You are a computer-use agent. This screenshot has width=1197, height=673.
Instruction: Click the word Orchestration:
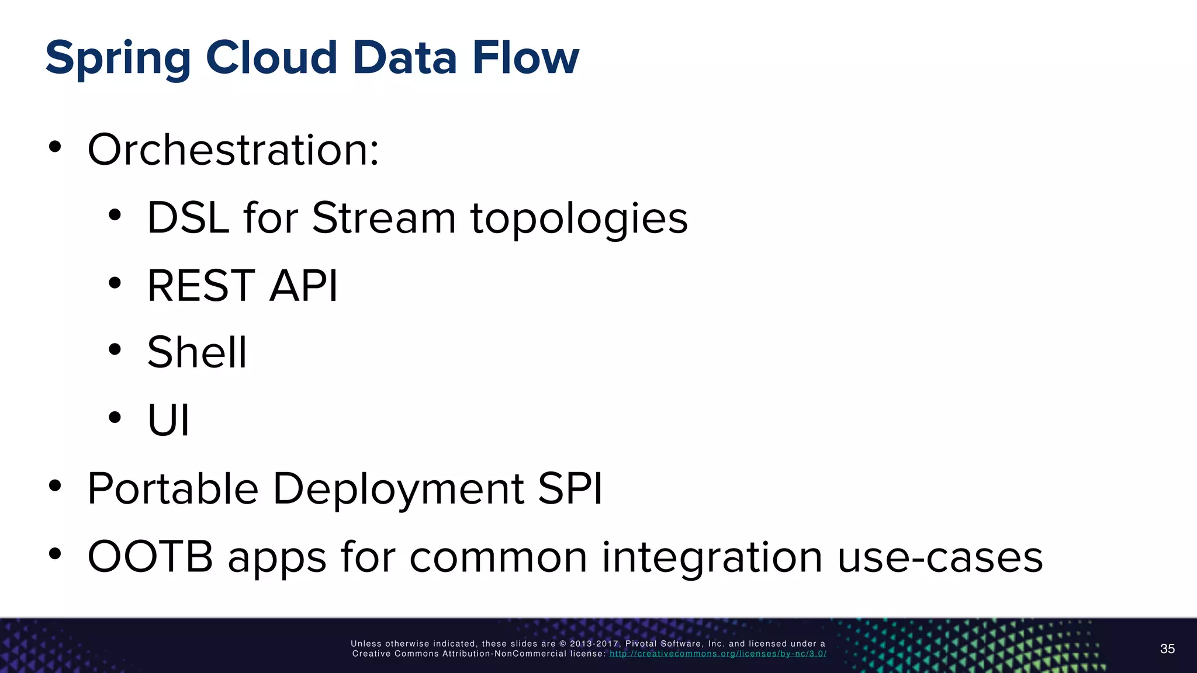233,150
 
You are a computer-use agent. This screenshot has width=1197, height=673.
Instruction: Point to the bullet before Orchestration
55,147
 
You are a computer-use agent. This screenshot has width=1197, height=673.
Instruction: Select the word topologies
579,219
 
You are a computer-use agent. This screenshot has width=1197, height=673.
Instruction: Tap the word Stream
383,218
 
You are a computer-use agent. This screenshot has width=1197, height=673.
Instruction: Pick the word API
303,286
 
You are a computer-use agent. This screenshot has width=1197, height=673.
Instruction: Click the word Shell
197,352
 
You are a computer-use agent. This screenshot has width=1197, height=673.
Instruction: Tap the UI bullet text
168,419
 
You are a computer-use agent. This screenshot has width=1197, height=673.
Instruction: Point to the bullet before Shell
115,349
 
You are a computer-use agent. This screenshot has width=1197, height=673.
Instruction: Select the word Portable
173,488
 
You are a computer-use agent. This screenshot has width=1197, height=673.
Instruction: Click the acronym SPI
570,488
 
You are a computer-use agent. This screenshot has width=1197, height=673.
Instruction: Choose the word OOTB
150,556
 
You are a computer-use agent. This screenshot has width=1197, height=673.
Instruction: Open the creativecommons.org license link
718,654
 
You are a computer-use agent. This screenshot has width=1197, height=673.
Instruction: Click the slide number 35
1167,649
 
